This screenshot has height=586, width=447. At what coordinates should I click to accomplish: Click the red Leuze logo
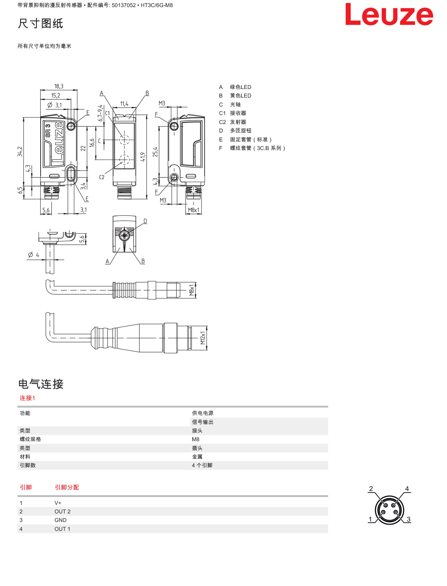[x=389, y=15]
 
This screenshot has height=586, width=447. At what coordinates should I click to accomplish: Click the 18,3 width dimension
[x=59, y=86]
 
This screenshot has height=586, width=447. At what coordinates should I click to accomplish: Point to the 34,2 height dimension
[x=20, y=152]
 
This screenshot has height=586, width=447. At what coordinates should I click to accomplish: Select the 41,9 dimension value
[x=143, y=157]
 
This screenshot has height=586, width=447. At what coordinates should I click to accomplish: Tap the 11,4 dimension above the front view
[x=124, y=103]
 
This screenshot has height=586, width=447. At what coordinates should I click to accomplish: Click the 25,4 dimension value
[x=155, y=152]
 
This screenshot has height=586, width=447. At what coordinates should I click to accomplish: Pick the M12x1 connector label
[x=203, y=338]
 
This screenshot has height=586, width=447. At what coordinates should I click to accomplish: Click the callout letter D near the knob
[x=145, y=221]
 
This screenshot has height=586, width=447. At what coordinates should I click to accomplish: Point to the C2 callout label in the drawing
[x=102, y=177]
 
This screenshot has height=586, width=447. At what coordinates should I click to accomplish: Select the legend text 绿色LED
[x=241, y=87]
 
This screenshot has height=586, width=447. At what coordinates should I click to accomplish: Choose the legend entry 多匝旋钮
[x=241, y=131]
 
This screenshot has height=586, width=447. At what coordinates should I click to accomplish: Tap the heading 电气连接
[x=41, y=384]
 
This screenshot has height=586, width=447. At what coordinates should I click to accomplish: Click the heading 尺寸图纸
[x=41, y=23]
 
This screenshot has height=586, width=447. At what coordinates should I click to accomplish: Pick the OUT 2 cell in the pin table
[x=63, y=511]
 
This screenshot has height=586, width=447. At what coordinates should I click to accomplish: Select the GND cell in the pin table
[x=60, y=520]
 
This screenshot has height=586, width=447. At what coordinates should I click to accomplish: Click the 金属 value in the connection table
[x=197, y=456]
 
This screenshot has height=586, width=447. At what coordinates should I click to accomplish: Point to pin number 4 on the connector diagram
[x=407, y=488]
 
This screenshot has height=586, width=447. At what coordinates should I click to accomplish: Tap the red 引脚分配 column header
[x=67, y=487]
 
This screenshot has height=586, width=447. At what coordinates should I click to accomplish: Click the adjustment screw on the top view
[x=124, y=235]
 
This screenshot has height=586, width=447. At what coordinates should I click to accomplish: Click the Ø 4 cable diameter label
[x=34, y=255]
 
